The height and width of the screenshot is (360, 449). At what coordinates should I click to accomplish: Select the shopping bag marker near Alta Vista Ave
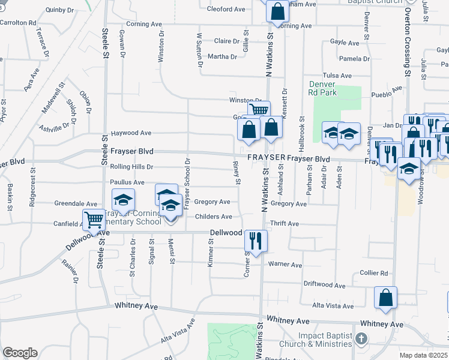385,297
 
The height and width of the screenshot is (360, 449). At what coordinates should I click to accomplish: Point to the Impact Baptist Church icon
360,339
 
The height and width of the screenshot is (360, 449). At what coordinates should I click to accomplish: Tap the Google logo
20,353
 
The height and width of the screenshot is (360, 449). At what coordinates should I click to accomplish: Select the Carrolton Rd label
18,22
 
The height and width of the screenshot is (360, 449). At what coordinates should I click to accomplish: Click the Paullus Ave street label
127,182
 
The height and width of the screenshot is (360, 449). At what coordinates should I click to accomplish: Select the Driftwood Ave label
324,284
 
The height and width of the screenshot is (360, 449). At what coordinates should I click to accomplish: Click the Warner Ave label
285,265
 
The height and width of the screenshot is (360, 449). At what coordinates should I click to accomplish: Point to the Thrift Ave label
285,223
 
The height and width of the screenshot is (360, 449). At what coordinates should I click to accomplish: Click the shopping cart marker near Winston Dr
259,110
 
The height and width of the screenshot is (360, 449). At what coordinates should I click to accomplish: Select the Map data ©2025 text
423,356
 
